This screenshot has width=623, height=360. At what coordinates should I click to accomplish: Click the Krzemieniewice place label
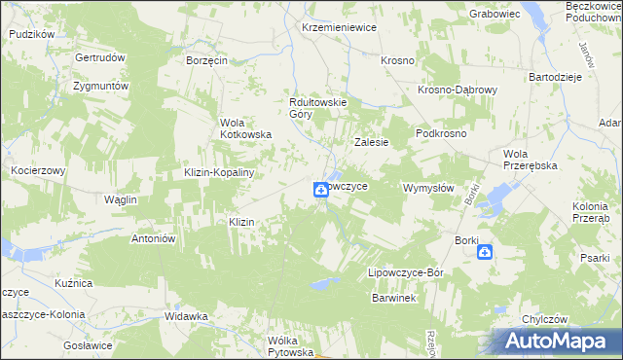click(x=339, y=28)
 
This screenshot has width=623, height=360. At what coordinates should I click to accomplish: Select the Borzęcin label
click(x=206, y=60)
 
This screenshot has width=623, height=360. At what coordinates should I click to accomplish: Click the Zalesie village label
click(x=371, y=142)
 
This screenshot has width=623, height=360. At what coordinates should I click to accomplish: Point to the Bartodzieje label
click(x=555, y=76)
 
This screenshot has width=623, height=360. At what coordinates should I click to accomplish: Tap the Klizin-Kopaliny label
click(x=219, y=172)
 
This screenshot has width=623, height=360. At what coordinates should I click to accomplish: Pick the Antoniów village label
click(x=152, y=238)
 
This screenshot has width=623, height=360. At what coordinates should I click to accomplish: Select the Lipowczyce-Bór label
click(x=405, y=273)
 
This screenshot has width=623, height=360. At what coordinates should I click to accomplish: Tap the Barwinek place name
click(x=393, y=298)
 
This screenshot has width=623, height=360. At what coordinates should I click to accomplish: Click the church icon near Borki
click(x=485, y=253)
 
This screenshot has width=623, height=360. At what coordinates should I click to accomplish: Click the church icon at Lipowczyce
click(x=320, y=190)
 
